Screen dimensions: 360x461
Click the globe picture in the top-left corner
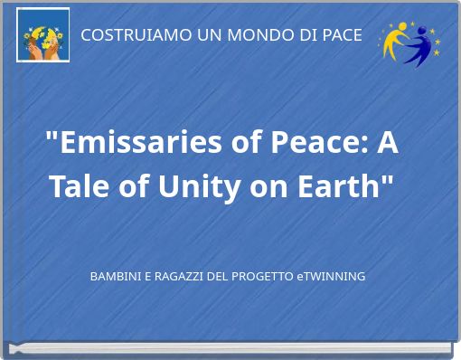tap(43, 35)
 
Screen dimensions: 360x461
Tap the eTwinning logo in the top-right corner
tap(409, 42)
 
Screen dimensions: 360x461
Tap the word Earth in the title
tap(343, 187)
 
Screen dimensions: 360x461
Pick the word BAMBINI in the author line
tap(116, 276)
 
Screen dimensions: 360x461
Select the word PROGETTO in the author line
tap(261, 276)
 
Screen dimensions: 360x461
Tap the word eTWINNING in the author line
tap(331, 276)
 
